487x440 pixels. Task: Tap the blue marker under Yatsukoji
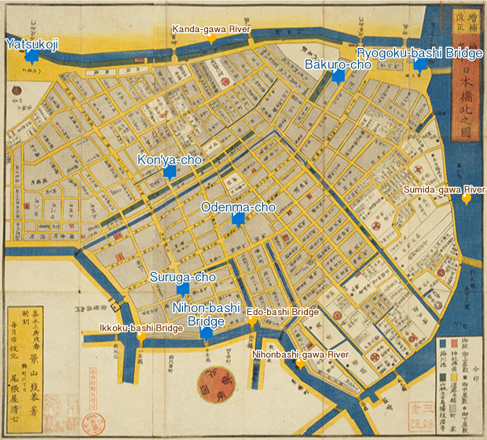(x=31, y=57)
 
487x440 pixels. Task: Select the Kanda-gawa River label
(x=211, y=28)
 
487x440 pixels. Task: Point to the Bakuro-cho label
(x=338, y=64)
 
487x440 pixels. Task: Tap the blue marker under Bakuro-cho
(x=339, y=77)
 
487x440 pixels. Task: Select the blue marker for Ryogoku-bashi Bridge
(x=420, y=66)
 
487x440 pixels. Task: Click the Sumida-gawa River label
(x=444, y=190)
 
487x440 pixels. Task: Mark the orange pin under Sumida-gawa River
(x=467, y=200)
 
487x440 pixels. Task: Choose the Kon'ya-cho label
(x=170, y=160)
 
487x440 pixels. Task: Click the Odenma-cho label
(x=238, y=207)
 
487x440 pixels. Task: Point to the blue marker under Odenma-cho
(x=237, y=220)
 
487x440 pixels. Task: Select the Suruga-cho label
(x=183, y=277)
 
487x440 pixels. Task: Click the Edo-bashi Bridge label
(x=283, y=312)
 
